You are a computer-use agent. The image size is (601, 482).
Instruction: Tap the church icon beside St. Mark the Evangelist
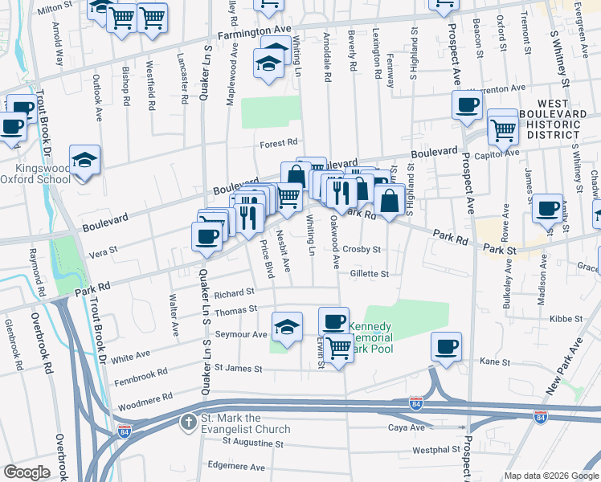188,423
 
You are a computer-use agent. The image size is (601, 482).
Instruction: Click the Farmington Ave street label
255,35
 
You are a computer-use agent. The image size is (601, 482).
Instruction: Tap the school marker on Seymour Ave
287,327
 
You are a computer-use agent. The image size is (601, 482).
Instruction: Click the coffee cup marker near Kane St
446,347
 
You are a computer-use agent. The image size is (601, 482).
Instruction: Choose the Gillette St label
368,274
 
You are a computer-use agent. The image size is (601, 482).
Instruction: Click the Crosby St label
362,250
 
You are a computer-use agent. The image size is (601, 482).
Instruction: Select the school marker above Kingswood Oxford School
84,159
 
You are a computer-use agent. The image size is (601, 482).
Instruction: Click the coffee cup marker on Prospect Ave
467,105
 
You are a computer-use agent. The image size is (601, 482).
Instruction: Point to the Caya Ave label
406,427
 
